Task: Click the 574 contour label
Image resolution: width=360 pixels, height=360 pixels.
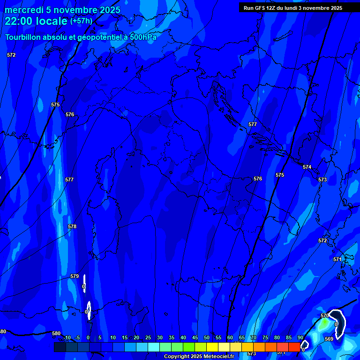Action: [x=307, y=167]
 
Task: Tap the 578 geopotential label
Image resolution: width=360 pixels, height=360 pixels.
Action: [x=72, y=226]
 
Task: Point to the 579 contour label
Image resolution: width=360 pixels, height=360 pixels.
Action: [x=75, y=276]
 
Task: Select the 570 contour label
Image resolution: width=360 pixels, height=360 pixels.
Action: [x=325, y=315]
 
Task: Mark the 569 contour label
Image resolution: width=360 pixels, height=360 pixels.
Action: [x=329, y=339]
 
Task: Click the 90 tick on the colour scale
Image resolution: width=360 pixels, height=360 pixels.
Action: [x=300, y=337]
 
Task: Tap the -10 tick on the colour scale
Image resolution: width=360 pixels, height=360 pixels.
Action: [x=67, y=337]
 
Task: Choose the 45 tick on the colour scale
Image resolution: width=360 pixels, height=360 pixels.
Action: [x=195, y=337]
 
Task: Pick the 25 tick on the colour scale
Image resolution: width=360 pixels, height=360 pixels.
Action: [x=148, y=337]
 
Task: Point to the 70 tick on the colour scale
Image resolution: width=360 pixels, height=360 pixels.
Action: [x=253, y=337]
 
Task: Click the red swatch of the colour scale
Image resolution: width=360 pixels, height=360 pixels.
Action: [x=294, y=347]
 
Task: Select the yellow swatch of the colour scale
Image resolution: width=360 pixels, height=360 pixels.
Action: [x=212, y=347]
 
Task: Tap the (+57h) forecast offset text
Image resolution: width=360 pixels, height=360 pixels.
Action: [x=81, y=21]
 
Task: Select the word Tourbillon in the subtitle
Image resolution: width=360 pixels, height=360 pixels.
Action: [x=23, y=37]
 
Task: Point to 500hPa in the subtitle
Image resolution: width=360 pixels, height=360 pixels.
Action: [x=143, y=37]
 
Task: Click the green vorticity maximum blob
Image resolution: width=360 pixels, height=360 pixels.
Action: [x=324, y=323]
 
